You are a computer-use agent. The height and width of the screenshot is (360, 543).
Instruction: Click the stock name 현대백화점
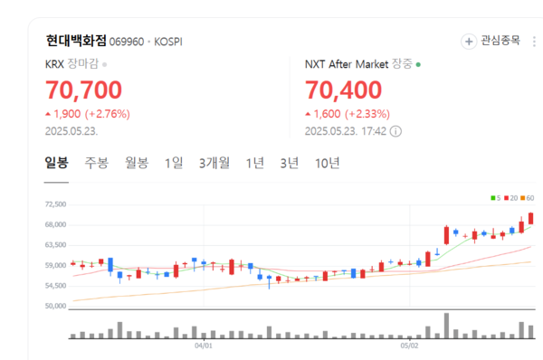tap(76, 41)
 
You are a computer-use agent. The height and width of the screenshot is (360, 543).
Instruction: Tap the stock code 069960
tap(129, 42)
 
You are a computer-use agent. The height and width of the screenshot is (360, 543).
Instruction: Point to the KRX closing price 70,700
tap(83, 90)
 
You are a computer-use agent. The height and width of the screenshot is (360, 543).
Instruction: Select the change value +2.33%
tap(367, 114)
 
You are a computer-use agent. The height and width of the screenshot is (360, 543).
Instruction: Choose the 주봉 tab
tap(97, 163)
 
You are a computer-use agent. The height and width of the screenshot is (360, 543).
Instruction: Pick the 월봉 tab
tap(137, 163)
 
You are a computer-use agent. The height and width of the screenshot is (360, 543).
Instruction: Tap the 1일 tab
tap(174, 163)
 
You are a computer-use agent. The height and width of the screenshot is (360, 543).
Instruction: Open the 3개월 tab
tap(214, 163)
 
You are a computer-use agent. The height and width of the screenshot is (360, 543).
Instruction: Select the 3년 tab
tap(289, 163)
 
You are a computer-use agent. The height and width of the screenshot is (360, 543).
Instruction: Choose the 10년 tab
tap(328, 163)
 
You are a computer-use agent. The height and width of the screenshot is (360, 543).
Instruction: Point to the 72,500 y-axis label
tap(56, 205)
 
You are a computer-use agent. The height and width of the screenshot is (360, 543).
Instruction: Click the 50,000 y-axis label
tap(56, 306)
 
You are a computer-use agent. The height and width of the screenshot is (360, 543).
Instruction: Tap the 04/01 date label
tap(204, 345)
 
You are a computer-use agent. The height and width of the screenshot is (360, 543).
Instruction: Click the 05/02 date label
tap(409, 345)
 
